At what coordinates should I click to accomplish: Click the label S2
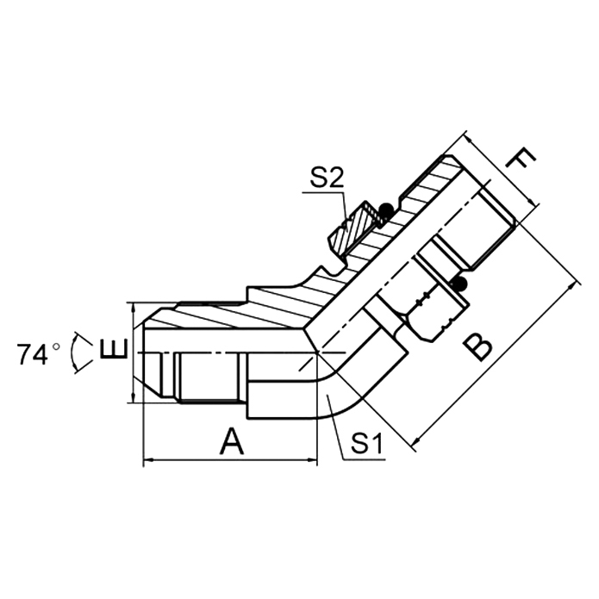click(327, 178)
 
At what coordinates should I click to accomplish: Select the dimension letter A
click(231, 442)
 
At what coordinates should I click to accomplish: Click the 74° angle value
click(38, 353)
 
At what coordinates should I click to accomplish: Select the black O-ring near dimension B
click(460, 285)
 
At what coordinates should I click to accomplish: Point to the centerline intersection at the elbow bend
click(318, 353)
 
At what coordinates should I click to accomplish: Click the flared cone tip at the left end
click(149, 353)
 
